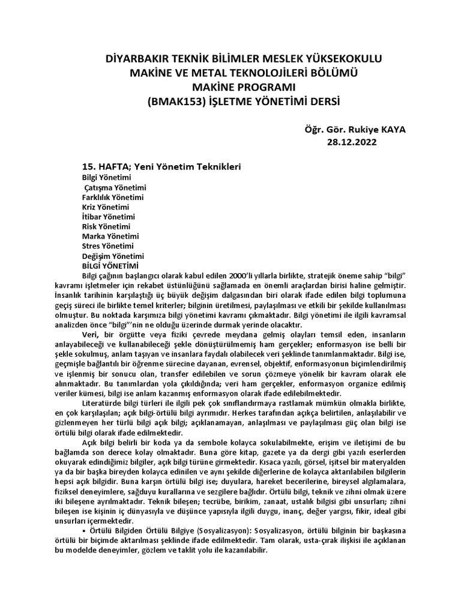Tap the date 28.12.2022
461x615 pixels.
point(350,142)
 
